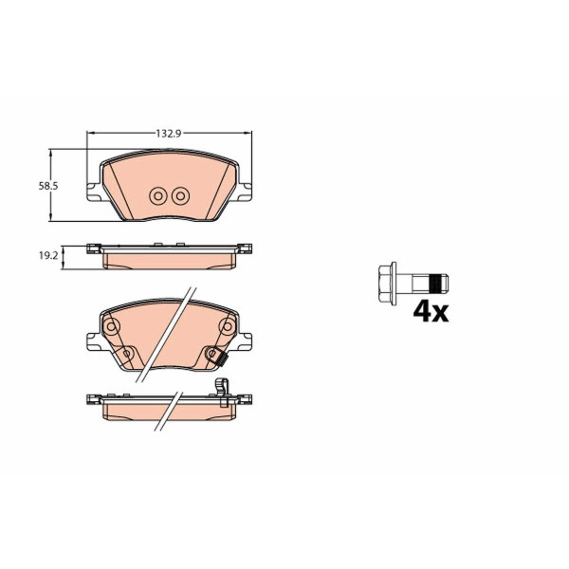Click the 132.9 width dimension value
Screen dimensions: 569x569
tap(169, 134)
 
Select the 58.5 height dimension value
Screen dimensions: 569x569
tap(48, 186)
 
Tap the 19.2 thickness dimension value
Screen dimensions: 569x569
tap(48, 256)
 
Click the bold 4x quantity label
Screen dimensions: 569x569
tap(431, 312)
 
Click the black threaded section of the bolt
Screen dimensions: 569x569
tap(435, 283)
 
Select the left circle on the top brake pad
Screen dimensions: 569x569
tap(158, 196)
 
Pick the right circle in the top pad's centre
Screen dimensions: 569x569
tap(180, 196)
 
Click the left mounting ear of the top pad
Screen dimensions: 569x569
tap(94, 192)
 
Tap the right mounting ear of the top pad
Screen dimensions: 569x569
tap(245, 192)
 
